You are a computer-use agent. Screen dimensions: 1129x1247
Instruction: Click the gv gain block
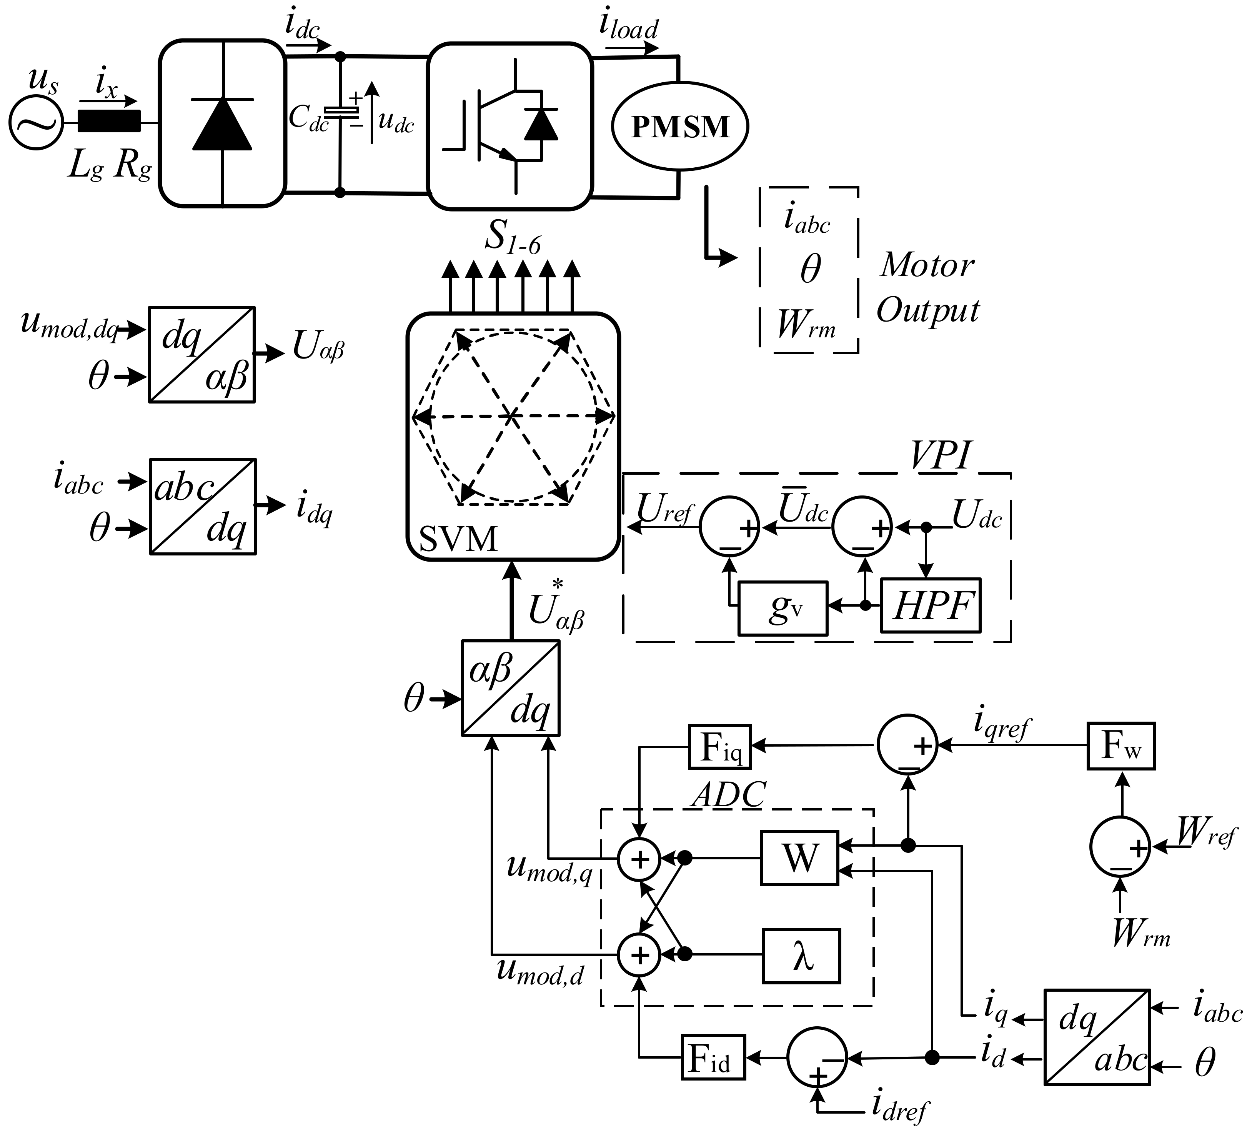782,608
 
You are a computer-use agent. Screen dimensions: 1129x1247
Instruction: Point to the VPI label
940,457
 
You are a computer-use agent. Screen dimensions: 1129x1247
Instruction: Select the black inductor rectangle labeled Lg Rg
109,121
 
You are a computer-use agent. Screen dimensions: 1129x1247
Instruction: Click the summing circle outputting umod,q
639,859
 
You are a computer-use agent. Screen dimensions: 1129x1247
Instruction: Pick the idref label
900,1107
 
